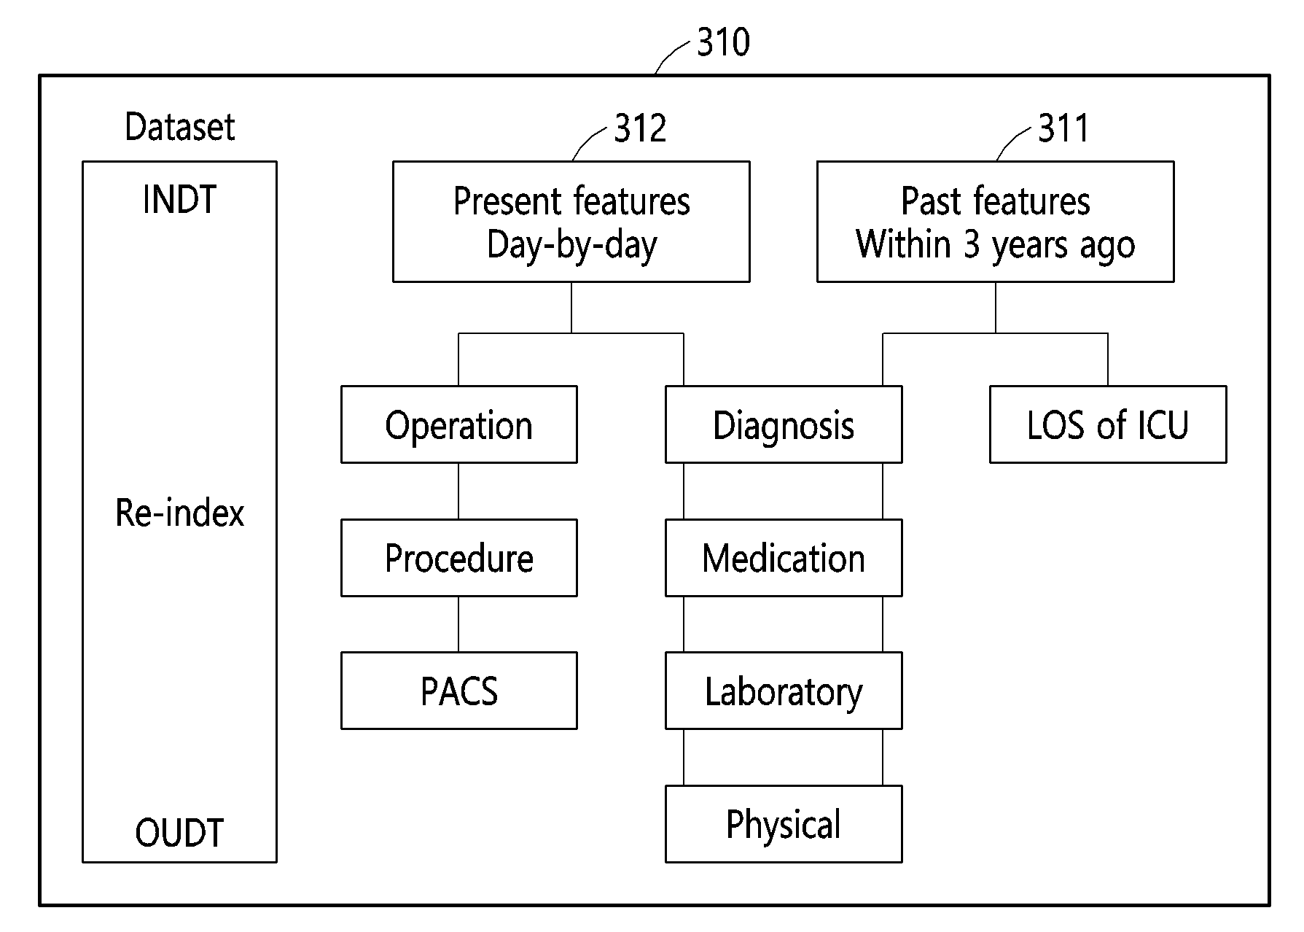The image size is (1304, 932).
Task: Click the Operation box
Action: [x=458, y=424]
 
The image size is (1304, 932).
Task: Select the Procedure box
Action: [x=458, y=558]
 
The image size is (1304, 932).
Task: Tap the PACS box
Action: [x=458, y=691]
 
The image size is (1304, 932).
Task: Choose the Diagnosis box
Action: [x=784, y=424]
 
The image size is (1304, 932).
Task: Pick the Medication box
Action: [x=784, y=558]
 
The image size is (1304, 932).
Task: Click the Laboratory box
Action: [x=784, y=691]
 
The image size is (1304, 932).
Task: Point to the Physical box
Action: [x=784, y=824]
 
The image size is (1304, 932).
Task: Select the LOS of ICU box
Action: [x=1108, y=424]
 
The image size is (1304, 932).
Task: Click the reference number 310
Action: [x=723, y=42]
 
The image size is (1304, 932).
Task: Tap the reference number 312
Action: [x=640, y=128]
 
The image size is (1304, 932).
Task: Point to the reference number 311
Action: [x=1063, y=128]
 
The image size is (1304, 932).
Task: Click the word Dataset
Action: [x=180, y=127]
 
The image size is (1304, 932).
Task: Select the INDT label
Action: [x=179, y=199]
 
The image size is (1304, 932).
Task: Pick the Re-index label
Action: [x=179, y=513]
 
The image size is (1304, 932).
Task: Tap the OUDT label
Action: [x=179, y=833]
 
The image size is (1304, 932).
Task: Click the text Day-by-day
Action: [x=571, y=245]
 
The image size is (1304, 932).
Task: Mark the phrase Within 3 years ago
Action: [x=996, y=245]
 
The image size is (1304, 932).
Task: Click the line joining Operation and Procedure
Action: [x=458, y=491]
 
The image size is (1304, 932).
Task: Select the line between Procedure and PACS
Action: [x=458, y=624]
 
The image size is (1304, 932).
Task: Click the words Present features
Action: [x=571, y=201]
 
